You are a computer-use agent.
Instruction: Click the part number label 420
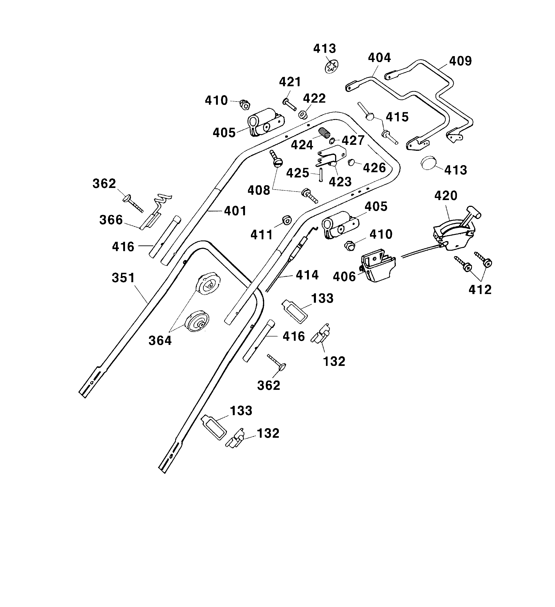[446, 196]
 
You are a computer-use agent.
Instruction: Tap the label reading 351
[123, 278]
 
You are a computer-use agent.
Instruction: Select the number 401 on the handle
[235, 211]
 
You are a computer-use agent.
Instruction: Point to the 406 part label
[344, 276]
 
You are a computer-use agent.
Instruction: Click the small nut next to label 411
[286, 220]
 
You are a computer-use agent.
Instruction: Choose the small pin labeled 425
[321, 175]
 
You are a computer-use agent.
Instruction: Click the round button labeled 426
[351, 163]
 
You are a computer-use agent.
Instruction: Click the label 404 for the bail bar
[379, 57]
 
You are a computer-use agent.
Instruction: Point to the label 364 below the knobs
[160, 341]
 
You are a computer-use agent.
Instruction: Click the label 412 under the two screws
[480, 290]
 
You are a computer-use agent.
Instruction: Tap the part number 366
[111, 220]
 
